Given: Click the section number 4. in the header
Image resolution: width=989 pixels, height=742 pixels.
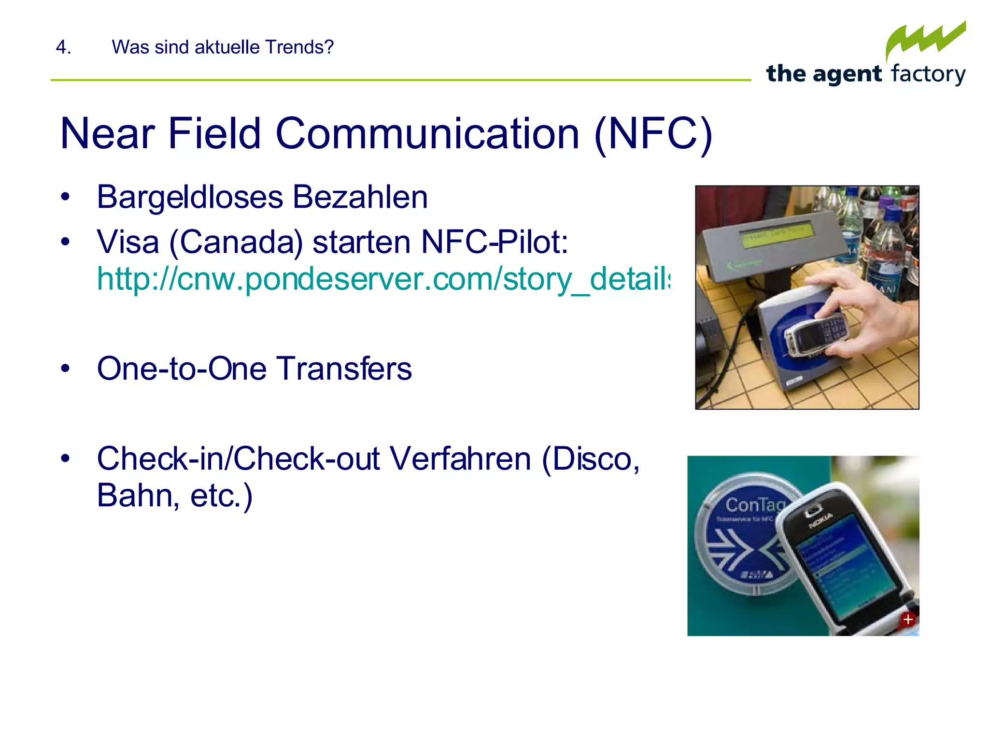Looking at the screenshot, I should click(63, 47).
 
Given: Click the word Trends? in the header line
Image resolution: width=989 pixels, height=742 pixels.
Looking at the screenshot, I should click(299, 47).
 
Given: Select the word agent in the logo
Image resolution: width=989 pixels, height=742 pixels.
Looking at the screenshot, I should click(847, 74).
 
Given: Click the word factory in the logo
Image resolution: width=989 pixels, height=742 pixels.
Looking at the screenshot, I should click(928, 74).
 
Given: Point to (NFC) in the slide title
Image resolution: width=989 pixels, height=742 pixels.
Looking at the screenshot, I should click(653, 134).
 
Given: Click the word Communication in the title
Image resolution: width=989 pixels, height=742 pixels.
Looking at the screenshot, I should click(427, 134).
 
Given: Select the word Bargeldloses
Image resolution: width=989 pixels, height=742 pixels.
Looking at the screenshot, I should click(190, 197).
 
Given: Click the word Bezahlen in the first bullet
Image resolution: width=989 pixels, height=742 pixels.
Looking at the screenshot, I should click(360, 197).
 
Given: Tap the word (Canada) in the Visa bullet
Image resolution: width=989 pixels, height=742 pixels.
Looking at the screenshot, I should click(236, 242).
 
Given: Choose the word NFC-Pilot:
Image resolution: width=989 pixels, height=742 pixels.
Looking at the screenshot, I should click(494, 242).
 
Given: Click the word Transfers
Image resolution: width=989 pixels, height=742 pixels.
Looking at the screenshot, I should click(344, 369).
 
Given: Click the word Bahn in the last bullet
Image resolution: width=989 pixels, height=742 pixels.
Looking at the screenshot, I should click(135, 496).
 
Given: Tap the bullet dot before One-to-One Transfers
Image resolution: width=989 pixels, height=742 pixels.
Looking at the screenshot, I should click(66, 369).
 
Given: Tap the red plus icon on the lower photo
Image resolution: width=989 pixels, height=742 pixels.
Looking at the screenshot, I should click(908, 619).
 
